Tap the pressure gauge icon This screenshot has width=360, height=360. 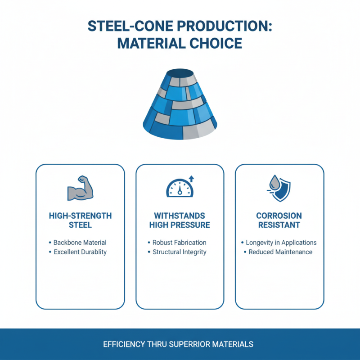point(179,188)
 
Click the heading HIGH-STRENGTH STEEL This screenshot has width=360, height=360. point(80,220)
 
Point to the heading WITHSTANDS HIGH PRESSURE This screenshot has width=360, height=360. point(180,220)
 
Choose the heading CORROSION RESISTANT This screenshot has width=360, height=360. point(279,220)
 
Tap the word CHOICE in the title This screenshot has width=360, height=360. point(215,44)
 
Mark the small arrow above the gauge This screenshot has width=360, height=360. point(191,179)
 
